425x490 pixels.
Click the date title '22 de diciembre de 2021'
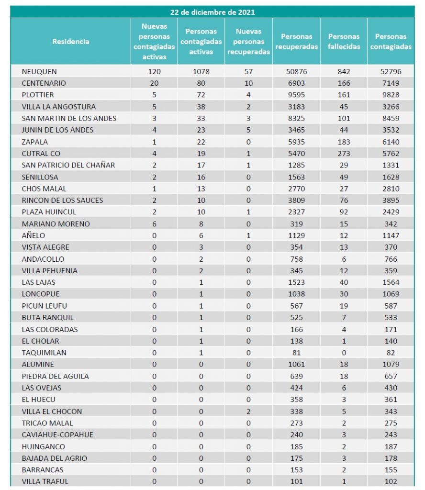point(212,12)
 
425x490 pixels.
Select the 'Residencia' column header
point(70,42)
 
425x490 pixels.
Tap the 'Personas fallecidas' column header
point(344,42)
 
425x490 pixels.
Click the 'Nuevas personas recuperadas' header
point(248,42)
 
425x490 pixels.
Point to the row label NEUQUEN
point(39,71)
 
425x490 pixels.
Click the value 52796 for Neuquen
point(391,71)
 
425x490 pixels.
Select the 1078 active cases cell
point(201,71)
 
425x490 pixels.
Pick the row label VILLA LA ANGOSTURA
point(59,107)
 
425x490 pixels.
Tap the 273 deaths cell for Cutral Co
point(344,154)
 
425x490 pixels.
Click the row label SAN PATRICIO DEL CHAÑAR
point(68,165)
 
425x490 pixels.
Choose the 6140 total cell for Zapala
point(391,142)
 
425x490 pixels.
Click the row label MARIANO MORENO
point(56,223)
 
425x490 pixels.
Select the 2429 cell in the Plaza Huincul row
point(391,212)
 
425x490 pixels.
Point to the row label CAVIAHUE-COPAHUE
point(57,434)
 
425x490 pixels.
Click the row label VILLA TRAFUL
point(45,481)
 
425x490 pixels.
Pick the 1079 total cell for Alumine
point(391,364)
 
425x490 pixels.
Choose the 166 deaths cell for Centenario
point(344,83)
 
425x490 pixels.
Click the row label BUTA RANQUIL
point(48,317)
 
